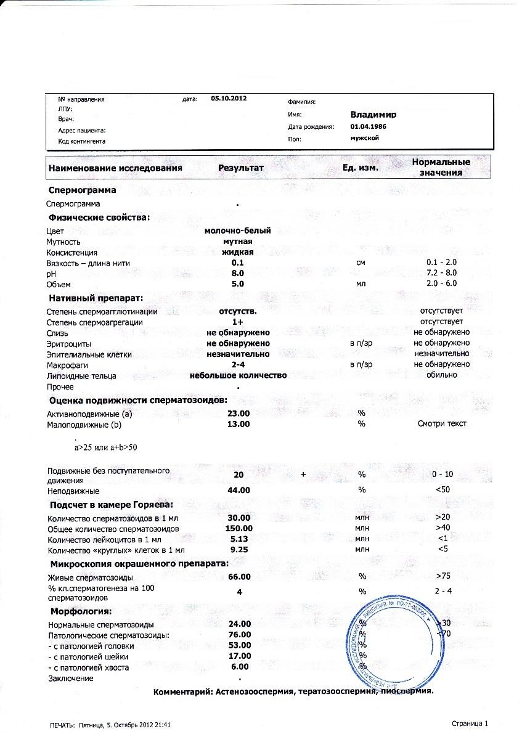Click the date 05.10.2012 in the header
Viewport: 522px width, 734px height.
pyautogui.click(x=229, y=98)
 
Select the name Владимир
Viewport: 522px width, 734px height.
pyautogui.click(x=373, y=115)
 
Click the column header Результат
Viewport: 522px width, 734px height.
pyautogui.click(x=240, y=168)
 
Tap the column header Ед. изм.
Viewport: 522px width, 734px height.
pyautogui.click(x=361, y=168)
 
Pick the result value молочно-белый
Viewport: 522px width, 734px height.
pyautogui.click(x=238, y=230)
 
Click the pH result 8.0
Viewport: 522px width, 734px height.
pyautogui.click(x=238, y=273)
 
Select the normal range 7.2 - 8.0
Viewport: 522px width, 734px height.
pyautogui.click(x=441, y=273)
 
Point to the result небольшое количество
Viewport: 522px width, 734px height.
pyautogui.click(x=238, y=375)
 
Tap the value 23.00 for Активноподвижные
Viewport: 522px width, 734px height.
pyautogui.click(x=238, y=414)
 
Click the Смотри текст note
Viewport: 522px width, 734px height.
pyautogui.click(x=441, y=424)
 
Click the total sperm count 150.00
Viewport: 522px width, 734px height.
pyautogui.click(x=239, y=529)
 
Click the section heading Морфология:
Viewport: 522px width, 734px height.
pyautogui.click(x=80, y=611)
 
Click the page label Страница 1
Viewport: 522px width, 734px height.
pyautogui.click(x=469, y=724)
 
